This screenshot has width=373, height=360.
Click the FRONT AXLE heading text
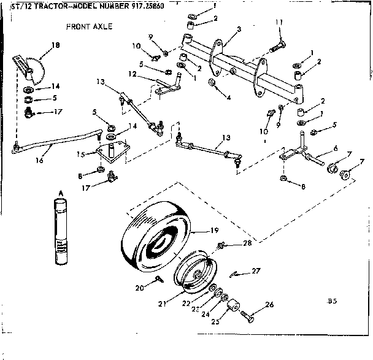click(x=88, y=27)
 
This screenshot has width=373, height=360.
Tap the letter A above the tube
click(x=60, y=193)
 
